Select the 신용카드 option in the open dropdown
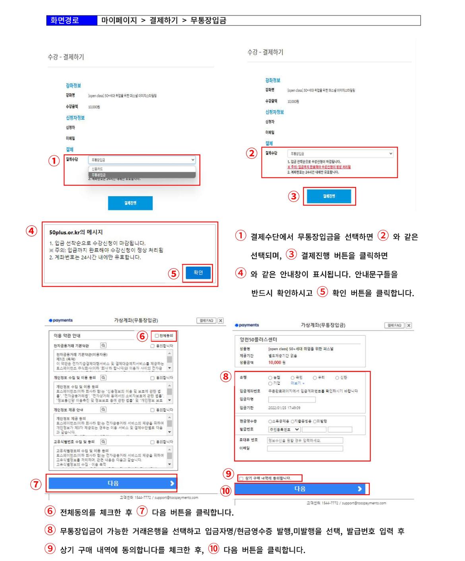97,169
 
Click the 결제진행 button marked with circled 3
329,196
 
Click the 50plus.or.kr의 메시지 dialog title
76,232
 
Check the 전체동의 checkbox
157,336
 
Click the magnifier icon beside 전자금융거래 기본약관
103,346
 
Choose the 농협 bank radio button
270,378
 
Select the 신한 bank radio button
337,378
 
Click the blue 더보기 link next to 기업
296,383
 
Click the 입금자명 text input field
292,400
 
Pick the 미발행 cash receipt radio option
315,422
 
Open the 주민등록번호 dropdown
284,429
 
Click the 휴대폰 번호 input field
305,440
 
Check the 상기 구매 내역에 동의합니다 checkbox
241,478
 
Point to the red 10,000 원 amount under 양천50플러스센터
277,362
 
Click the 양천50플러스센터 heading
258,340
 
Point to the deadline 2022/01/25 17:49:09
284,408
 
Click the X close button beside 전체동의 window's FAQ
221,321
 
